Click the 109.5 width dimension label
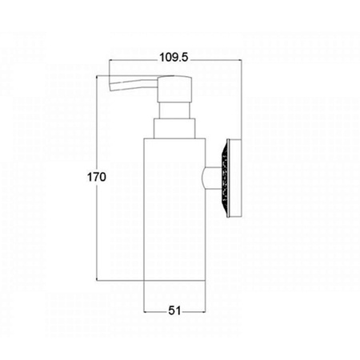pos(174,58)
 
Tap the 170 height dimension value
pos(97,177)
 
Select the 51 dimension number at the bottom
pos(174,310)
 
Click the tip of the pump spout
pos(110,83)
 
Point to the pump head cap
pos(174,89)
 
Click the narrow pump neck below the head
pos(174,110)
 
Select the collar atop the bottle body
pos(174,128)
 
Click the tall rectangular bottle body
pos(174,210)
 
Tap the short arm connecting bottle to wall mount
pos(211,178)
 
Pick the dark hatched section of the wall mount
pos(226,178)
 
